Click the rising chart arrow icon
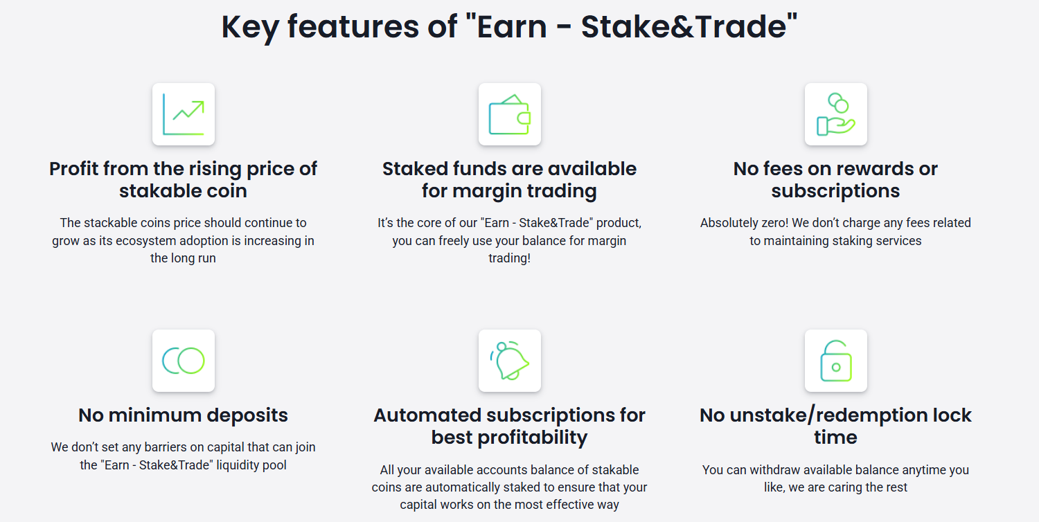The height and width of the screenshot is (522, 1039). click(x=184, y=114)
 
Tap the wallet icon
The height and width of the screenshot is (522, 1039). click(x=510, y=114)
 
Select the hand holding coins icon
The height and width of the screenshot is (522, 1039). click(x=836, y=114)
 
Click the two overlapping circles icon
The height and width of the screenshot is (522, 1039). click(x=184, y=361)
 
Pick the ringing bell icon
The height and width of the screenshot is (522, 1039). click(x=510, y=361)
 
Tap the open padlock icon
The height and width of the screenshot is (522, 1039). click(x=836, y=361)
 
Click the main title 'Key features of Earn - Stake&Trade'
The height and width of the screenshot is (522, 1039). click(x=509, y=26)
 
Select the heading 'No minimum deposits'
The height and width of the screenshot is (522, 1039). click(x=183, y=415)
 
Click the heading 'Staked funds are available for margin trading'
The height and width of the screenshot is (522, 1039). click(x=509, y=179)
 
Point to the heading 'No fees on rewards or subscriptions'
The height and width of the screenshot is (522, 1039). click(x=835, y=179)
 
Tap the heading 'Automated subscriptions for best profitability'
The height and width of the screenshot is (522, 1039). click(x=509, y=426)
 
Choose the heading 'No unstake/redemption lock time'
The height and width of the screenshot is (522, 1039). click(x=835, y=426)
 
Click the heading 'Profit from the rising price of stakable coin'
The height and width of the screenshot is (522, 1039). click(x=183, y=179)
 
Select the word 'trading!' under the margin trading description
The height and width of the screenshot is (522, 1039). click(x=509, y=258)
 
